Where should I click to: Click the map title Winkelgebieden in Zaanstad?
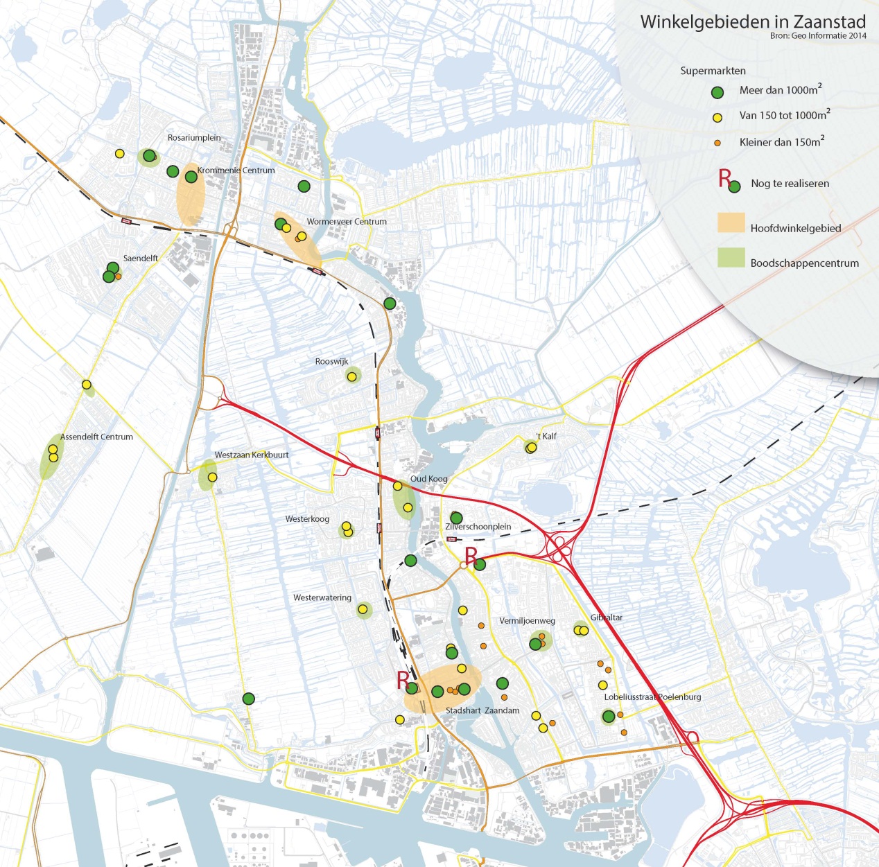[753, 21]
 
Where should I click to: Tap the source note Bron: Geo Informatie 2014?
[818, 36]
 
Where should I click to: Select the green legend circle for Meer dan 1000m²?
[717, 92]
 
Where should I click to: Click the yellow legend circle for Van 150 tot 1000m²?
[717, 118]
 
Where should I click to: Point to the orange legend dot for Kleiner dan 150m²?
[717, 143]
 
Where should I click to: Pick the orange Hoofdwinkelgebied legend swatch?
[731, 222]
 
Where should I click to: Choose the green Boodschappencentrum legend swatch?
[731, 258]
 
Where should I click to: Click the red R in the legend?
[724, 178]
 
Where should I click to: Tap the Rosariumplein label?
[194, 138]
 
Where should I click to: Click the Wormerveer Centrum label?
[347, 222]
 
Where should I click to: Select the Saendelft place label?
[141, 259]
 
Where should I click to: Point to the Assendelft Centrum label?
[96, 437]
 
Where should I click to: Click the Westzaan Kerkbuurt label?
[252, 455]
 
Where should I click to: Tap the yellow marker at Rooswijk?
[352, 376]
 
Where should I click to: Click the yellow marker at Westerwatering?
[363, 610]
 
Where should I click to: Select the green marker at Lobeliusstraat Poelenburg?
[609, 717]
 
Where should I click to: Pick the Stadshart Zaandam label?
[482, 711]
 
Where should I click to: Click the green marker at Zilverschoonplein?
[456, 518]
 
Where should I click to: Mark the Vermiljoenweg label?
[527, 621]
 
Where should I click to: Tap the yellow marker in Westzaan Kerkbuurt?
[212, 478]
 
